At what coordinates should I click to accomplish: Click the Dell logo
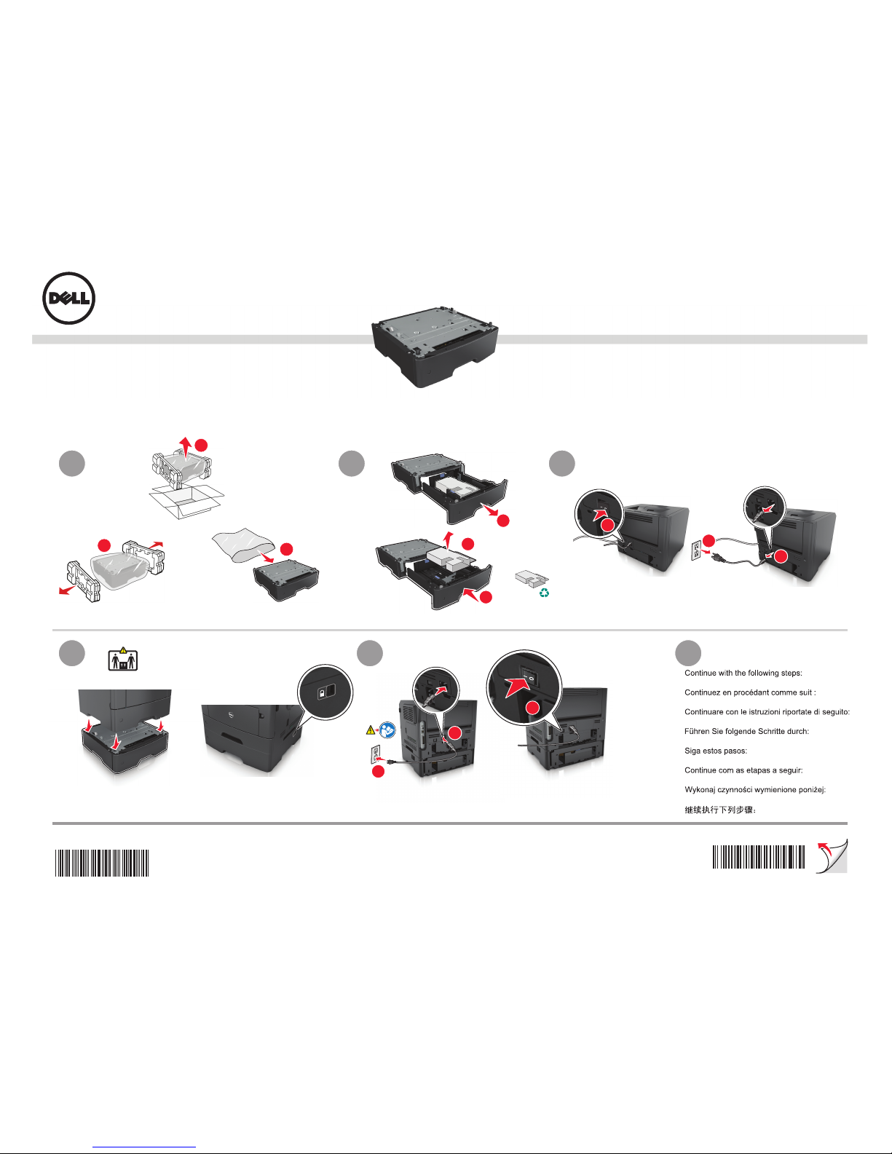pyautogui.click(x=68, y=298)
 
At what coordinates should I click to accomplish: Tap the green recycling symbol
pyautogui.click(x=544, y=593)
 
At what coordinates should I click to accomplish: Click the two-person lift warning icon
pyautogui.click(x=122, y=659)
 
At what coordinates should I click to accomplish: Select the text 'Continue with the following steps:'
pyautogui.click(x=743, y=673)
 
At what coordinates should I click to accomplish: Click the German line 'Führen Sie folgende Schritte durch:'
pyautogui.click(x=746, y=731)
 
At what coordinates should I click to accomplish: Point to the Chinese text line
pyautogui.click(x=720, y=810)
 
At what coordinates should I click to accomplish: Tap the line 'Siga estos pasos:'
pyautogui.click(x=716, y=751)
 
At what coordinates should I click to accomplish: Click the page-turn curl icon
pyautogui.click(x=832, y=856)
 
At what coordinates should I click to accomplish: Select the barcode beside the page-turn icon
pyautogui.click(x=758, y=857)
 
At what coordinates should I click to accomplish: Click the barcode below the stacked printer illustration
pyautogui.click(x=102, y=863)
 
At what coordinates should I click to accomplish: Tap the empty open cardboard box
pyautogui.click(x=186, y=501)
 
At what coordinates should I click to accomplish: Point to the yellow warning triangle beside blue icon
pyautogui.click(x=370, y=731)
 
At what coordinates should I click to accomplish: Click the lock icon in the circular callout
pyautogui.click(x=326, y=692)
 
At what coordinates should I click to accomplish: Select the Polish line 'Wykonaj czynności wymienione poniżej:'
pyautogui.click(x=755, y=790)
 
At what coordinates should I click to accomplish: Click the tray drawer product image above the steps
pyautogui.click(x=435, y=353)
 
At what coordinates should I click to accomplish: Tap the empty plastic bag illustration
pyautogui.click(x=243, y=545)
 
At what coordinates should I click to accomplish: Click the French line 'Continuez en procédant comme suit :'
pyautogui.click(x=750, y=692)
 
